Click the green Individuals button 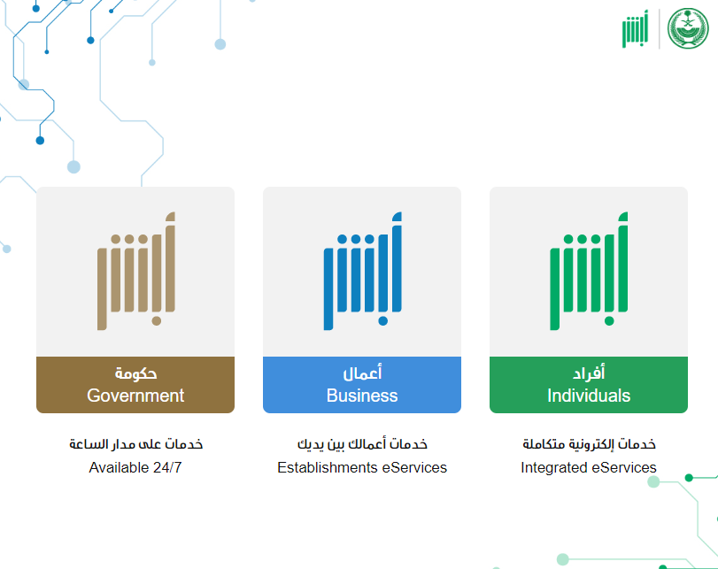tap(589, 385)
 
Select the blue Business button tap(362, 385)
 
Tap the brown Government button tap(135, 385)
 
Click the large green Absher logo tap(589, 271)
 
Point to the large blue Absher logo tap(362, 271)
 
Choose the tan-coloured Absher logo tap(136, 271)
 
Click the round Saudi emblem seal tap(688, 28)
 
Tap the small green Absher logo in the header tap(635, 28)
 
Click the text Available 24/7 tap(135, 467)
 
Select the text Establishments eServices tap(362, 467)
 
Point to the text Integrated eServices tap(589, 467)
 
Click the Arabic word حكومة tap(135, 373)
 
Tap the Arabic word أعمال tap(362, 373)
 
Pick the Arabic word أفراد tap(589, 373)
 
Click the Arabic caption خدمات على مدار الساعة tap(135, 443)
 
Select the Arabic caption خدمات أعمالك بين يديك tap(362, 443)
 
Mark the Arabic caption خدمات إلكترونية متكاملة tap(589, 443)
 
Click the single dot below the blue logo tap(383, 321)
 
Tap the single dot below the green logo tap(609, 321)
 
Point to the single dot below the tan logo tap(157, 321)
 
